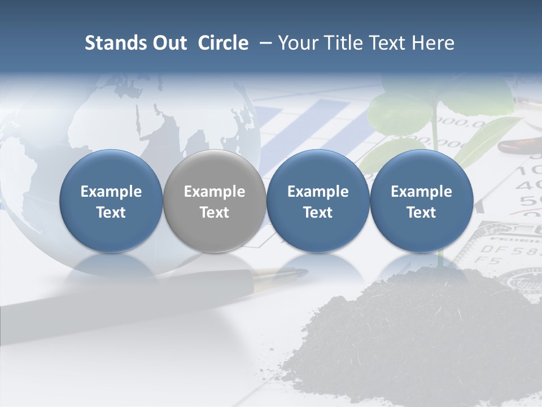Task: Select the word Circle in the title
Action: click(223, 44)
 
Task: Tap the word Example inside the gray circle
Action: click(215, 192)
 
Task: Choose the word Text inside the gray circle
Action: click(215, 213)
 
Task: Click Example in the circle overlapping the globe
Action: click(111, 192)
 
